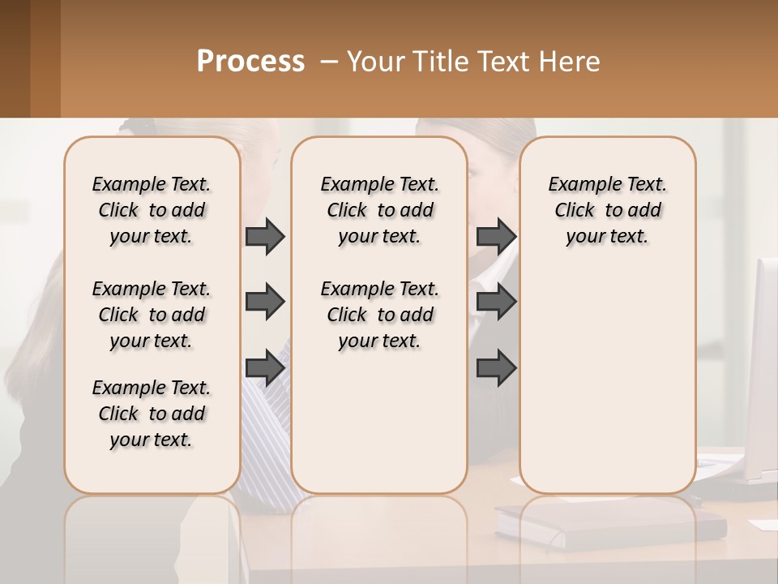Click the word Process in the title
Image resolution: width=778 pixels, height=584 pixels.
tap(250, 62)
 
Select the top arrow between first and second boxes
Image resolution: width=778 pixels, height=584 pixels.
tap(265, 236)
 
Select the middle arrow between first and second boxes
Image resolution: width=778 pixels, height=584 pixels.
tap(265, 302)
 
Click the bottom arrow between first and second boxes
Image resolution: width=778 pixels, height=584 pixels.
tap(265, 368)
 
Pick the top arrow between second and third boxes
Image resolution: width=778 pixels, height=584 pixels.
tap(496, 236)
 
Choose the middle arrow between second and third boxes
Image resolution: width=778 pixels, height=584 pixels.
tap(496, 302)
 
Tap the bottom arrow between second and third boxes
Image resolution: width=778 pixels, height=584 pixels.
tap(496, 368)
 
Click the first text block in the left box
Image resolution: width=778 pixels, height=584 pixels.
tap(152, 210)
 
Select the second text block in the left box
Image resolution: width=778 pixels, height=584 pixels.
tap(152, 315)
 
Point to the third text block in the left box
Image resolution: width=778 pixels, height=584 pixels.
tap(152, 414)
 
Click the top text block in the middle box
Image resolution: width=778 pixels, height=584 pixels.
tap(379, 210)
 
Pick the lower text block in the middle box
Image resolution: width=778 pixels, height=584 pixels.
tap(379, 315)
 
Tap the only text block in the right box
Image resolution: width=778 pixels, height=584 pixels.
tap(607, 210)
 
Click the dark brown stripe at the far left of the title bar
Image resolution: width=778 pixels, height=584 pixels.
tap(15, 58)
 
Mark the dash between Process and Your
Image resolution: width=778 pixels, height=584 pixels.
tap(328, 62)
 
